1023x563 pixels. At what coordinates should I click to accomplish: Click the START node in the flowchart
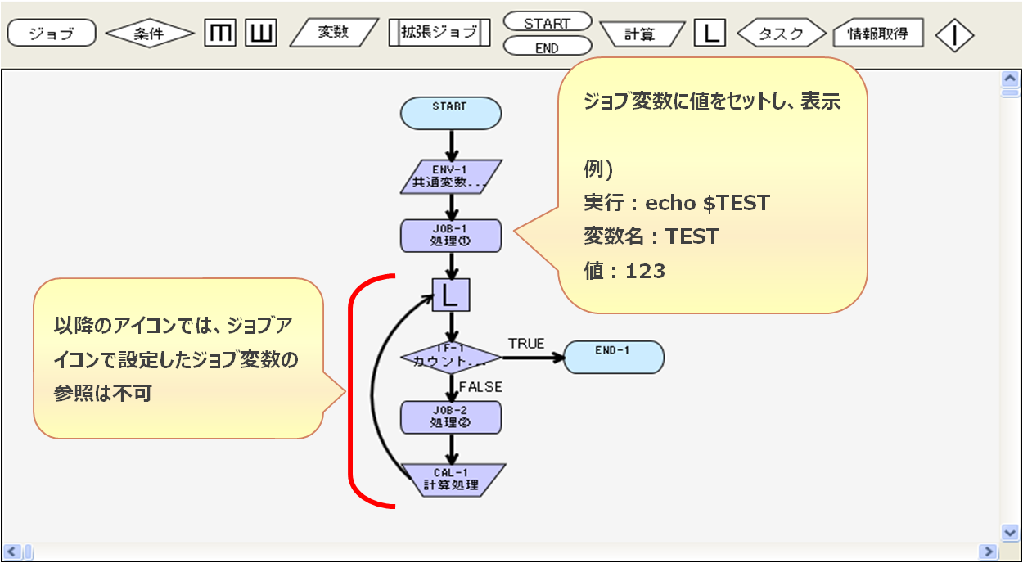[450, 113]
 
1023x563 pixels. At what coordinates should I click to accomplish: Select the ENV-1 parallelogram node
[451, 177]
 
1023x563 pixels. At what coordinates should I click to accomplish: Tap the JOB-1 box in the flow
[451, 236]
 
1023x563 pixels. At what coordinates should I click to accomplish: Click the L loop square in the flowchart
[451, 295]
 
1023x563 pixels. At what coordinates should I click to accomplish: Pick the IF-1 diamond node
[451, 357]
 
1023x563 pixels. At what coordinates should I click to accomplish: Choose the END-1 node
[614, 357]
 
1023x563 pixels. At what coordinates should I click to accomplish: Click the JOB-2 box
[451, 417]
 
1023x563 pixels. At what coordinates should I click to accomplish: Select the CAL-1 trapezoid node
[451, 480]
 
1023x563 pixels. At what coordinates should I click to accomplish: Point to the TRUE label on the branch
[525, 344]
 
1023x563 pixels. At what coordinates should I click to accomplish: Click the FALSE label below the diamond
[480, 386]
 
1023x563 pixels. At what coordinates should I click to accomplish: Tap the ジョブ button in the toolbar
[52, 34]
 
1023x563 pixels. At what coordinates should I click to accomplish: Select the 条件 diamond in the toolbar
[150, 34]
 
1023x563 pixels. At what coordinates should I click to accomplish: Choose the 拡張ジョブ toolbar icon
[439, 33]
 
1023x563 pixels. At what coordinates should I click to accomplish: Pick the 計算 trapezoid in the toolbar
[642, 34]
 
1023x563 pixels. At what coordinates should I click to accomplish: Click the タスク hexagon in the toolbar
[782, 34]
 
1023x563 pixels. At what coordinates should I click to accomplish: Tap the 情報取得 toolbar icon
[877, 34]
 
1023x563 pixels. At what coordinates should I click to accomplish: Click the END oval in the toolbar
[547, 47]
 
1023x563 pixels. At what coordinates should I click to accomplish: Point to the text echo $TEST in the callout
[708, 202]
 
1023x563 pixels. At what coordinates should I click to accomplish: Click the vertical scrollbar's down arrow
[1010, 532]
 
